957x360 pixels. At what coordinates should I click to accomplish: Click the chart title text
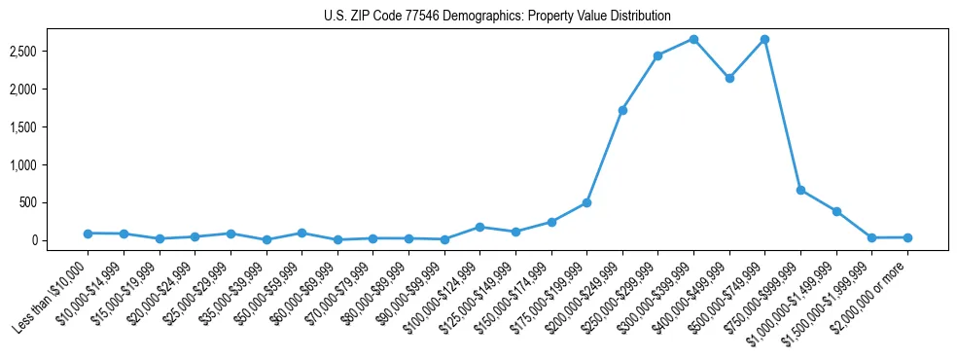497,17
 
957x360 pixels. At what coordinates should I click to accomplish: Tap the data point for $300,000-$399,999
693,39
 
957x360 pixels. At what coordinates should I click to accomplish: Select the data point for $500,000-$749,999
764,39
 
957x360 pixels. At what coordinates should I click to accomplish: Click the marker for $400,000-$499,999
729,78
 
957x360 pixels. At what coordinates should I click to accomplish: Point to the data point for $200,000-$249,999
622,110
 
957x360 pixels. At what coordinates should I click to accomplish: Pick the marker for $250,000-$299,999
658,55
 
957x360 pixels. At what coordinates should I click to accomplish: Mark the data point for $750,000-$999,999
800,190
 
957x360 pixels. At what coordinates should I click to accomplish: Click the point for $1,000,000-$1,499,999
836,211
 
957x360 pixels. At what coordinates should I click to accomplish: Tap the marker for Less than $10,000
88,234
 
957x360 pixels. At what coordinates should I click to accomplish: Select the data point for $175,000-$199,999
586,202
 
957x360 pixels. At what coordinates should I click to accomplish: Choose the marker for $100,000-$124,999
479,227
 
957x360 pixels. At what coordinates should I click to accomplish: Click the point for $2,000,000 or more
907,237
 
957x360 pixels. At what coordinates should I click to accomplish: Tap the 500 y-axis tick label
54,202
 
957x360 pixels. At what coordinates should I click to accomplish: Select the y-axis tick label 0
60,240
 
